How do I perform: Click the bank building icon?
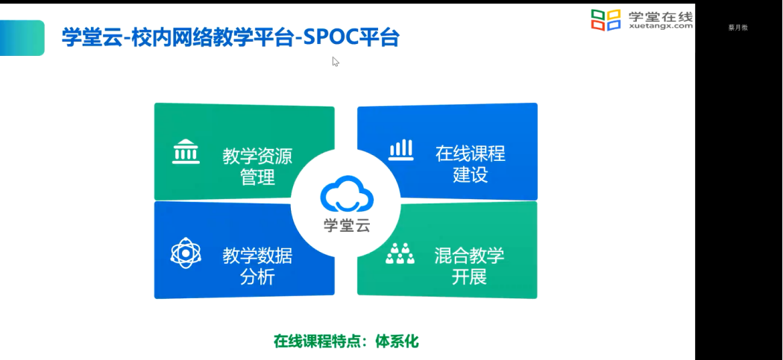[x=186, y=151]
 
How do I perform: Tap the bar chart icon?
[x=401, y=150]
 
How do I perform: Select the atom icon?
[x=186, y=253]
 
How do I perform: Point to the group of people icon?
[x=400, y=253]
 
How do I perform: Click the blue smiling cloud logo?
[x=347, y=195]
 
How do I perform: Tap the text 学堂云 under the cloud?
[x=347, y=226]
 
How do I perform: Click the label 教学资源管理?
[x=257, y=166]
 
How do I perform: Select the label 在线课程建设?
[x=470, y=164]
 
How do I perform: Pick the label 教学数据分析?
[x=257, y=266]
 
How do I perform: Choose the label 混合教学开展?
[x=469, y=265]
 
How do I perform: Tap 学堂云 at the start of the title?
[x=92, y=37]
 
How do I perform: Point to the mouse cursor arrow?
[x=336, y=61]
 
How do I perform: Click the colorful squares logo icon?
[x=606, y=20]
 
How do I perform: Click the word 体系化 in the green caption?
[x=397, y=341]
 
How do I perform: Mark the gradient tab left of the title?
[x=22, y=38]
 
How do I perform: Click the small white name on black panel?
[x=738, y=28]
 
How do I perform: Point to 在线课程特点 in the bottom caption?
[x=317, y=341]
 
